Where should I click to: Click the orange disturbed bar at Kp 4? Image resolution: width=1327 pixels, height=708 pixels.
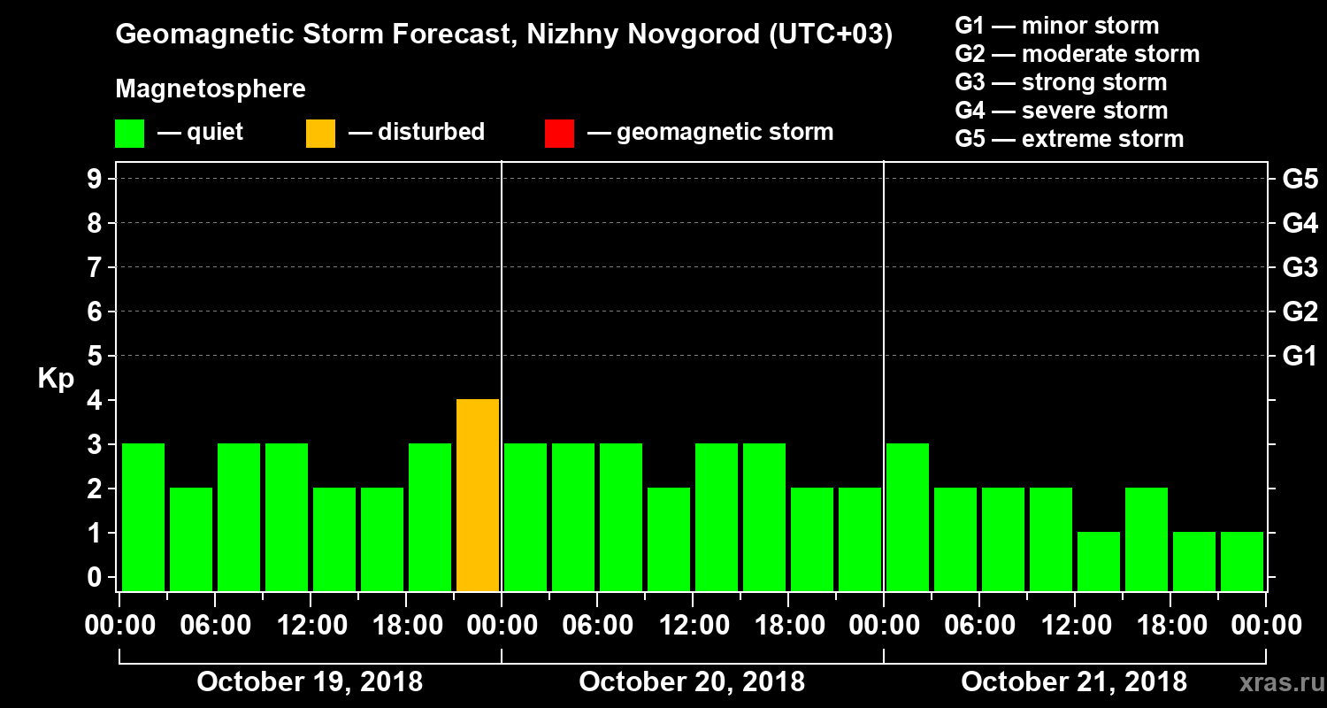[x=478, y=495]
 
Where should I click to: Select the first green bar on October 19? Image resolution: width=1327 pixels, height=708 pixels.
[x=143, y=517]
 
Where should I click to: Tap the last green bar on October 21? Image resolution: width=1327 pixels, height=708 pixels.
[x=1242, y=561]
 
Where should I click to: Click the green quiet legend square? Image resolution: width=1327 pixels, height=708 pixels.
[x=130, y=133]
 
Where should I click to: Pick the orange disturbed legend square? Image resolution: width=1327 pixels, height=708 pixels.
[x=320, y=133]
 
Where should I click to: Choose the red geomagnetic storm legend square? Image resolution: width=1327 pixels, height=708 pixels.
[x=559, y=133]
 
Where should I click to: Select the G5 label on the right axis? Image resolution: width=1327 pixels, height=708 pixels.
[x=1300, y=180]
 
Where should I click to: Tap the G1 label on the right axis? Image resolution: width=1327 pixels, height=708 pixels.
[x=1300, y=357]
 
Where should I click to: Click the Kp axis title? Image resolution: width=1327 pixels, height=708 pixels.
[x=56, y=379]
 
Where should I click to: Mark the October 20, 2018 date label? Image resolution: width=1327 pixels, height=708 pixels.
[x=692, y=682]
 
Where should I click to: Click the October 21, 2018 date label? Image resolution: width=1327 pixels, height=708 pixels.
[x=1074, y=682]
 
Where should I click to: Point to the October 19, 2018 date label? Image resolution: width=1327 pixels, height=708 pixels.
[x=310, y=682]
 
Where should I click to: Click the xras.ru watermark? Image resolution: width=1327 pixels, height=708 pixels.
[x=1276, y=683]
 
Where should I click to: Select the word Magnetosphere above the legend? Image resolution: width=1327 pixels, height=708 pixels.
[x=211, y=90]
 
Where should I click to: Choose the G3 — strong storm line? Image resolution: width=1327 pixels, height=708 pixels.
[x=1061, y=83]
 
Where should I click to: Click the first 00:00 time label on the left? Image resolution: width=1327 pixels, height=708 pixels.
[x=119, y=626]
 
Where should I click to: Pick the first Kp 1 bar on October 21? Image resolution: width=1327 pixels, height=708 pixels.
[x=1099, y=561]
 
